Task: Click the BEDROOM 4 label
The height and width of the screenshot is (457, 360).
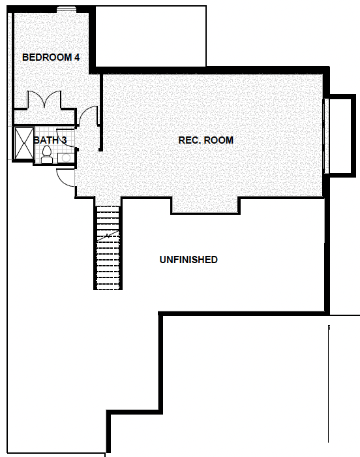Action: click(x=51, y=57)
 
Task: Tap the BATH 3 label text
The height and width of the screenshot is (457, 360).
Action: click(x=50, y=140)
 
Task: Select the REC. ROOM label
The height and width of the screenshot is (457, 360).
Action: click(x=205, y=140)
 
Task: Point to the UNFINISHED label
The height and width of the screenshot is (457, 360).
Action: click(x=188, y=260)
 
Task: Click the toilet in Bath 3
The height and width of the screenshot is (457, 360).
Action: click(x=46, y=155)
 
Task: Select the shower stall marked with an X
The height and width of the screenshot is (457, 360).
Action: click(x=24, y=144)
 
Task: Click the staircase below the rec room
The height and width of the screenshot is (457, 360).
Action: click(x=108, y=247)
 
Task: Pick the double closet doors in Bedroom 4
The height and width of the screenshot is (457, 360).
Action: click(x=44, y=99)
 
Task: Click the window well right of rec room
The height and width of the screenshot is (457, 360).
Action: click(x=341, y=136)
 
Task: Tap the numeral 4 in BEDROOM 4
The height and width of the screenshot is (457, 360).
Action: click(x=76, y=57)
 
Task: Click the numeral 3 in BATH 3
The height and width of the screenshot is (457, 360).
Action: click(x=64, y=140)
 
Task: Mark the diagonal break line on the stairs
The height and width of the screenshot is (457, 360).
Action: click(x=108, y=236)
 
